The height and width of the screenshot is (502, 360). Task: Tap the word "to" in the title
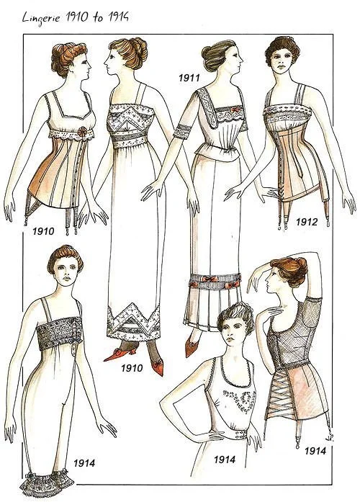click(x=98, y=17)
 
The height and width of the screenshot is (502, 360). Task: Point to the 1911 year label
click(x=189, y=78)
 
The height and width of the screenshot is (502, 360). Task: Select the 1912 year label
click(x=306, y=222)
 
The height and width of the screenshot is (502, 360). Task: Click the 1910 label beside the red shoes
click(x=132, y=368)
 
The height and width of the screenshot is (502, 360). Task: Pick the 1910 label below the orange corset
click(x=43, y=230)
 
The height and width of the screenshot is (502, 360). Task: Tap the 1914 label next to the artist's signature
click(x=315, y=451)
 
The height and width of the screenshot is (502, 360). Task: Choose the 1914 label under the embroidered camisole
click(x=225, y=460)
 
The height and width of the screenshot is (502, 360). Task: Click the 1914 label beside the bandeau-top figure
click(x=84, y=463)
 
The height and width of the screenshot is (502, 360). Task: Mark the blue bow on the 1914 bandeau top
click(x=76, y=337)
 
